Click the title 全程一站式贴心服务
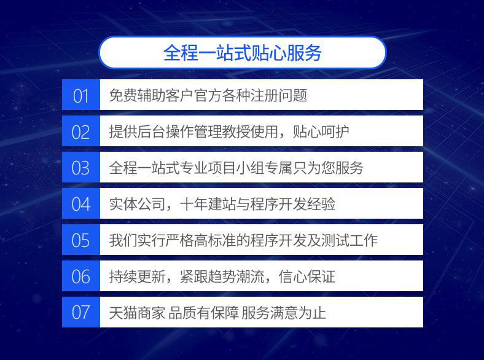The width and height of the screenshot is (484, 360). coord(243,52)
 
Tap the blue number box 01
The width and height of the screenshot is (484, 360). coord(81,95)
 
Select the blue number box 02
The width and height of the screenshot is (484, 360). coord(81,131)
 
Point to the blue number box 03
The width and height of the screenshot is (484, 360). coord(81,167)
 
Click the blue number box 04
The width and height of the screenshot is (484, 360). coord(81,203)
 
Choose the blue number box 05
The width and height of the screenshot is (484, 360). coord(81,240)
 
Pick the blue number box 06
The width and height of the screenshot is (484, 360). coord(81,276)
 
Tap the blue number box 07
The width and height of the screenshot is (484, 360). coord(81,312)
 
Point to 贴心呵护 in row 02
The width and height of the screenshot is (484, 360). coord(321,131)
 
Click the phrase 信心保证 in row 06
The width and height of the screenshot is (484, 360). coord(307,276)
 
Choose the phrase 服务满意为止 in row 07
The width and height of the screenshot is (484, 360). coord(284,313)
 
